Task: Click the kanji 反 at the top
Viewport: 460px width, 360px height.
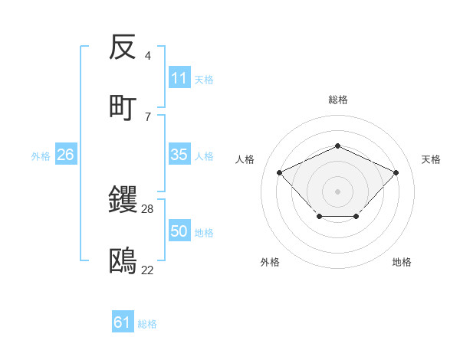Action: [x=123, y=48]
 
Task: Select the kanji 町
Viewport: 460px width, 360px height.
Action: [x=123, y=107]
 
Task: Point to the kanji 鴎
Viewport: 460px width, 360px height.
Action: [x=123, y=261]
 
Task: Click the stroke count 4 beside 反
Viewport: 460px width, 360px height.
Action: [x=147, y=56]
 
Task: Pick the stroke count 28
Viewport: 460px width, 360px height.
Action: [x=148, y=208]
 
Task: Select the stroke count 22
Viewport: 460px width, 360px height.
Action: [x=148, y=270]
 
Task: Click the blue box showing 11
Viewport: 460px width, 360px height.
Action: [x=179, y=78]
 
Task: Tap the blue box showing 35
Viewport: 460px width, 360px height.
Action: [x=179, y=155]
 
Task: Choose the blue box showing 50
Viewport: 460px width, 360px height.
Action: [x=179, y=231]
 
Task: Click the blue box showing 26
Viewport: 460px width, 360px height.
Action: [x=65, y=155]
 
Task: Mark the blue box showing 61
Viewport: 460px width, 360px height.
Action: [x=122, y=322]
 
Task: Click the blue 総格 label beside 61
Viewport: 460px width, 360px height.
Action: [x=147, y=324]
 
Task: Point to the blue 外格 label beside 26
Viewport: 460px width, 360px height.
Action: [x=41, y=156]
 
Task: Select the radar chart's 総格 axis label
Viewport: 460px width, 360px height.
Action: [x=338, y=100]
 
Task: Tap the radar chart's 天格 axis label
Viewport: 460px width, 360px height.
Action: [x=431, y=159]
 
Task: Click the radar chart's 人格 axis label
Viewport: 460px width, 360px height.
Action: [x=245, y=159]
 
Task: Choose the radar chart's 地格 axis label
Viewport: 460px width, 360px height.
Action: [x=402, y=262]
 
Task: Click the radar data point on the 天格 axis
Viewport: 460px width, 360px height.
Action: [x=396, y=172]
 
